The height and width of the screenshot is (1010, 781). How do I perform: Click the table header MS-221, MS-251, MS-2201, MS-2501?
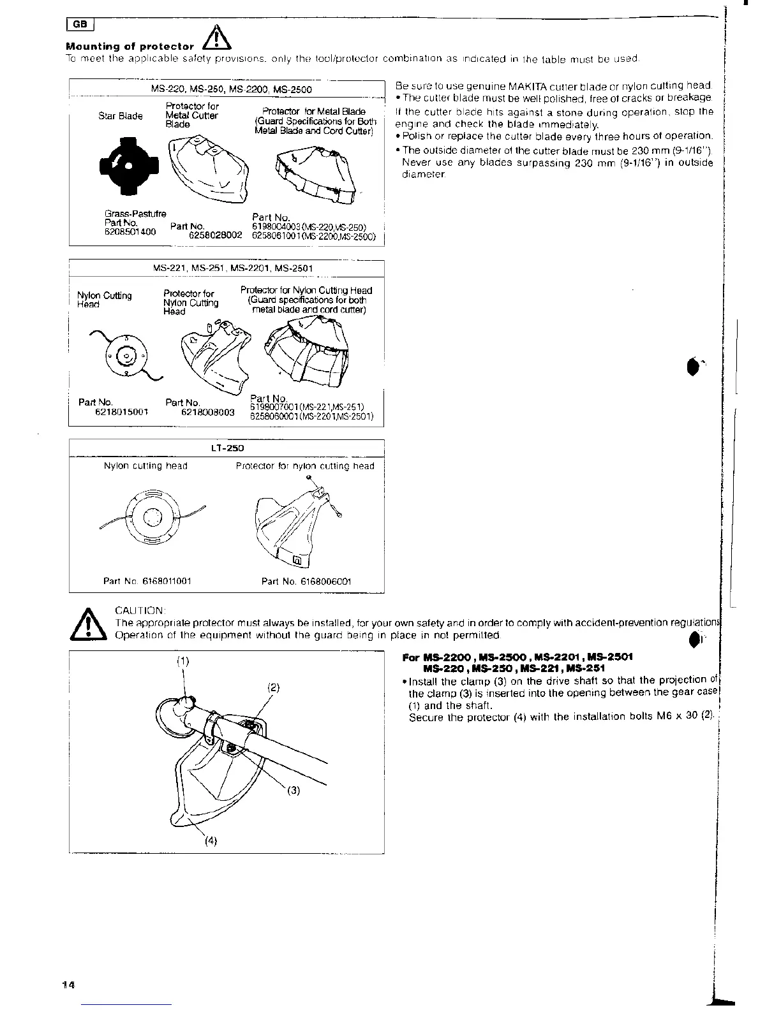tap(233, 268)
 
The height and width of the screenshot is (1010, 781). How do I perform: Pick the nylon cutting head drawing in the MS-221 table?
tap(127, 357)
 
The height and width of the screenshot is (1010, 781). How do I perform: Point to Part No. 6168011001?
tap(147, 582)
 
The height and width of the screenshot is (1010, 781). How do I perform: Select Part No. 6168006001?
tap(306, 582)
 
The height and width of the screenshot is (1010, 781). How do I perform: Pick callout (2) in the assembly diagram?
tap(273, 689)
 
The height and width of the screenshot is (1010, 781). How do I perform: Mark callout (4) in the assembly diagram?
tap(211, 840)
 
